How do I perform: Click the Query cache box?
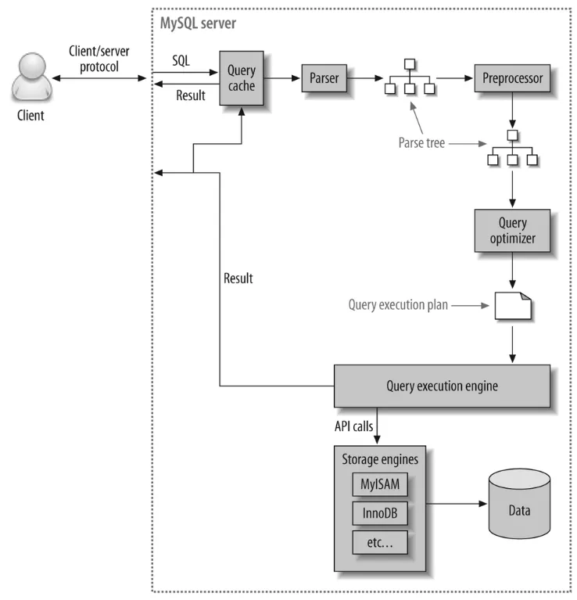[x=241, y=77]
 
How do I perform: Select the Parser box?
[x=324, y=78]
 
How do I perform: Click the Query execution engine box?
[x=442, y=386]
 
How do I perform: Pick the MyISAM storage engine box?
[x=378, y=484]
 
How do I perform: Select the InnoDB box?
[x=378, y=512]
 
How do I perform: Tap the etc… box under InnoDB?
[x=378, y=541]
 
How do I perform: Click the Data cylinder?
[x=518, y=509]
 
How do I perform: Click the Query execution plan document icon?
[x=512, y=306]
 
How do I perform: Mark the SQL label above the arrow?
[x=181, y=60]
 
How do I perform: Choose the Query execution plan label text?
[x=398, y=304]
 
